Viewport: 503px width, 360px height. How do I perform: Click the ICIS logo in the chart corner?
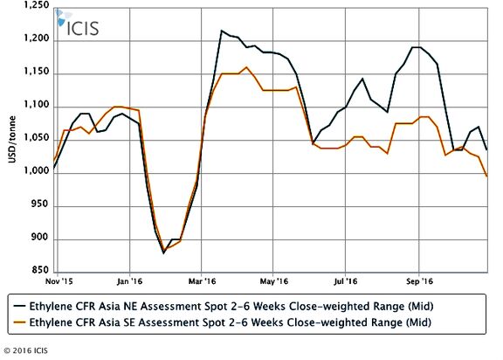[x=78, y=23]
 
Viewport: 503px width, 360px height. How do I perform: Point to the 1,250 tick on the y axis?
[x=37, y=5]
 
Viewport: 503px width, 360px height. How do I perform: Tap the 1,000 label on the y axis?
[x=37, y=170]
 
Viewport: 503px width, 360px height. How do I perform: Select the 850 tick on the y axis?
[x=40, y=270]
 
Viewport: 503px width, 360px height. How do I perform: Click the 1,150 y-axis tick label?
[x=37, y=72]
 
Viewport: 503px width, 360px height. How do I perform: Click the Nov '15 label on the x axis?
[x=59, y=281]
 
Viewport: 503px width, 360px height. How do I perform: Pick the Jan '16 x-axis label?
[x=129, y=281]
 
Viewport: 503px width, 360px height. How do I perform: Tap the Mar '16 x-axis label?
[x=203, y=281]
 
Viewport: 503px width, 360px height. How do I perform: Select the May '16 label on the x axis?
[x=274, y=281]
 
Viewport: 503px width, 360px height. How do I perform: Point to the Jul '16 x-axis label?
[x=346, y=281]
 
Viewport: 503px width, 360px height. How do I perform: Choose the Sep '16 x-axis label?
[x=419, y=281]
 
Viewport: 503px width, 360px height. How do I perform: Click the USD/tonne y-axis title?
[x=12, y=140]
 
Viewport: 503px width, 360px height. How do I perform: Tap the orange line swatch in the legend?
[x=19, y=322]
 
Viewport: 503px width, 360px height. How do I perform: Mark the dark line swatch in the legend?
[x=19, y=306]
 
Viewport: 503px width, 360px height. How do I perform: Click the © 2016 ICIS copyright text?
[x=25, y=350]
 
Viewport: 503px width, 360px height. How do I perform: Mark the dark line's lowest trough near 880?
[x=163, y=253]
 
